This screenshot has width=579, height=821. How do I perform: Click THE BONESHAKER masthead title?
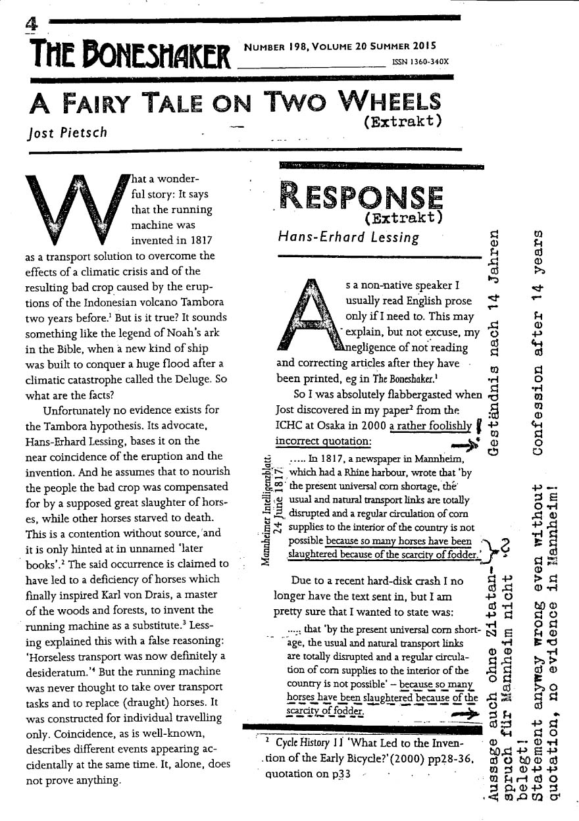coord(129,55)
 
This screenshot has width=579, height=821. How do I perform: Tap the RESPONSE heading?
coord(361,196)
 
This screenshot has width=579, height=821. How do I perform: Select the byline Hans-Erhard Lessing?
coord(349,237)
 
